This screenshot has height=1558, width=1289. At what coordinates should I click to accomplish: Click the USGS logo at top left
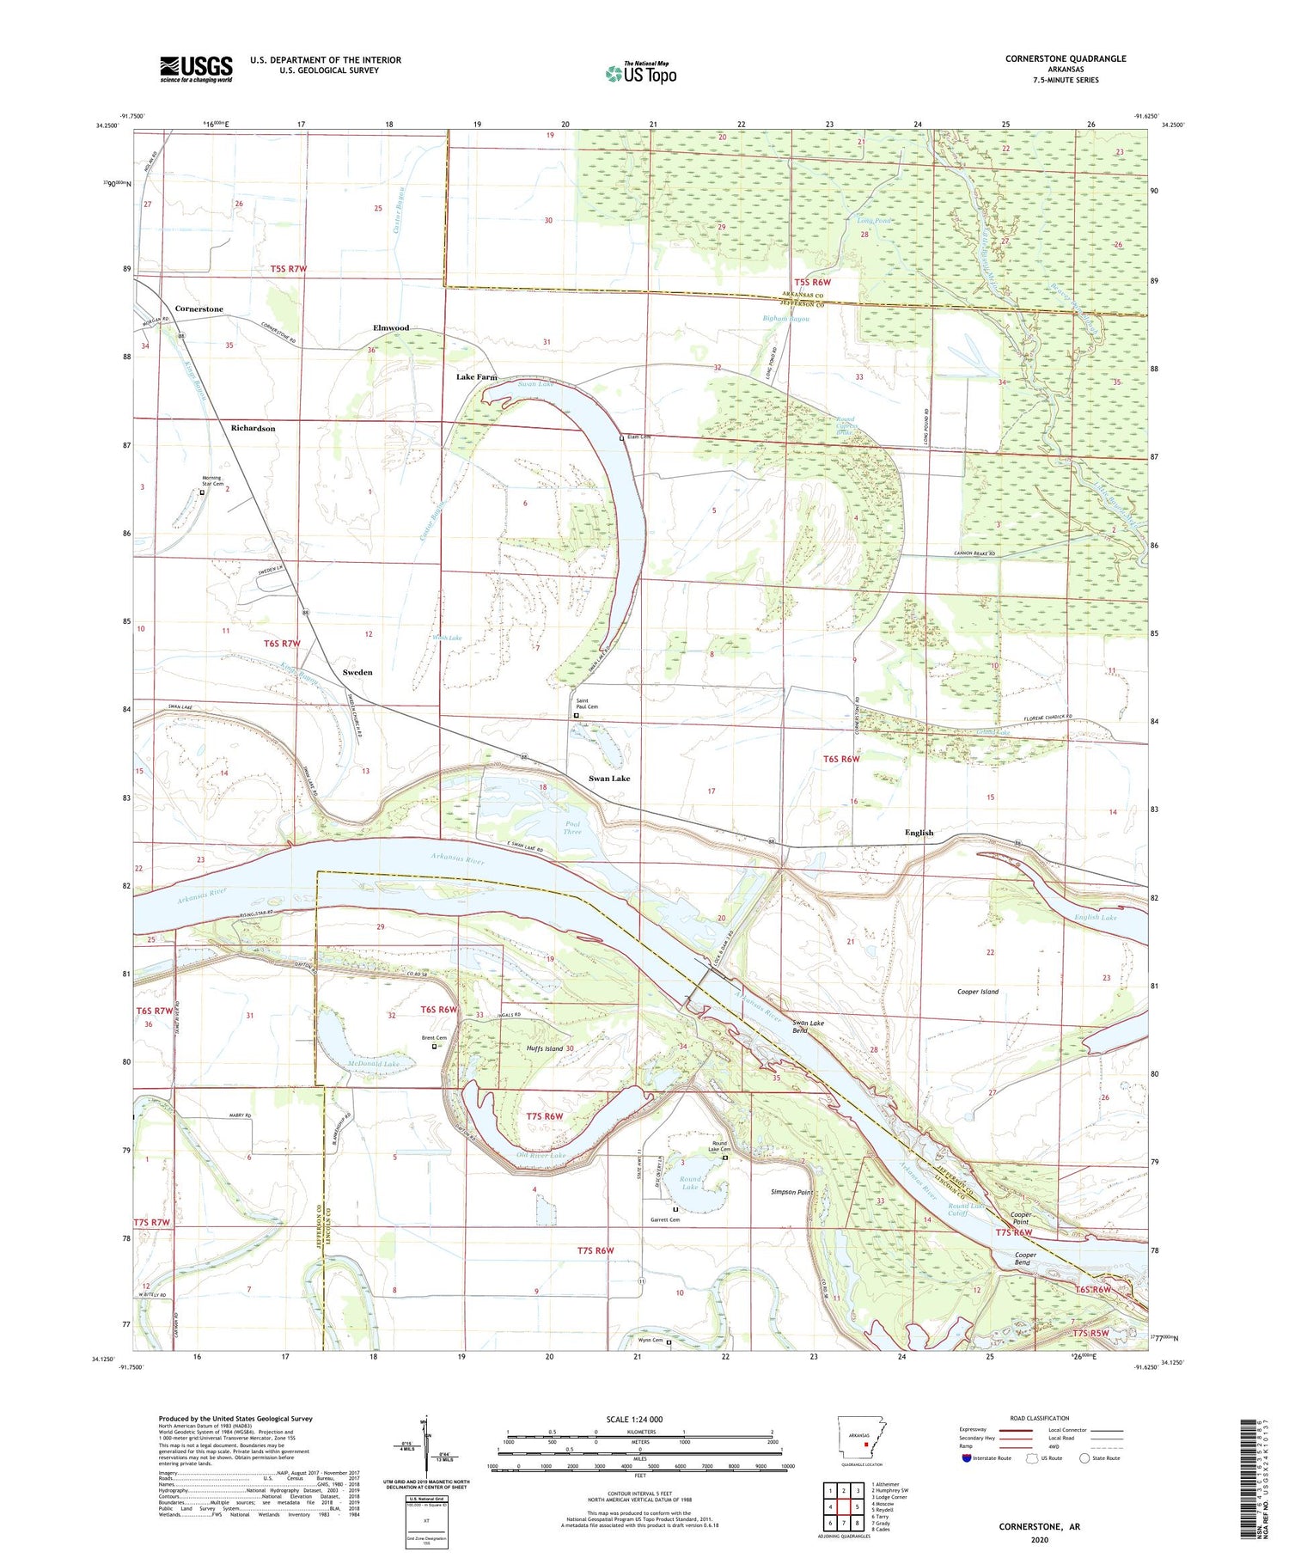[x=195, y=69]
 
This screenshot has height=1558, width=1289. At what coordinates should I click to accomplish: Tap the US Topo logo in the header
[x=641, y=73]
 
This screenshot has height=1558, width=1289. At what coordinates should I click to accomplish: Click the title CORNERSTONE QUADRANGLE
[x=1065, y=58]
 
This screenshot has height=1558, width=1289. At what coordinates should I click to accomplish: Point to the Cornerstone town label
[x=199, y=309]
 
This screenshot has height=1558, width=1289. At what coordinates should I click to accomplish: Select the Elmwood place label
[x=391, y=328]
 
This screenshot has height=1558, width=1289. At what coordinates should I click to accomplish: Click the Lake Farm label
[x=476, y=377]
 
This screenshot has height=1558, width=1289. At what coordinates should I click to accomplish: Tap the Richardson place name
[x=253, y=428]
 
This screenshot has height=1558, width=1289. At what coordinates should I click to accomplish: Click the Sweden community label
[x=357, y=672]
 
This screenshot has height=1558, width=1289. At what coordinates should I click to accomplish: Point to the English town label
[x=919, y=833]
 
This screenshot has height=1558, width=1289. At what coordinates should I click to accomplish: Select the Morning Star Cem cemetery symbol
[x=202, y=493]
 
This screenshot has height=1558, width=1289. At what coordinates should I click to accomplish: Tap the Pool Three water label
[x=572, y=828]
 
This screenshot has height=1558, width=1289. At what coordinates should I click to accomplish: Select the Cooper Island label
[x=977, y=992]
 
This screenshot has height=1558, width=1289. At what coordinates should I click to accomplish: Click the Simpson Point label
[x=791, y=1193]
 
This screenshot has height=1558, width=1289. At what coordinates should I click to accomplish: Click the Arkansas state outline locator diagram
[x=858, y=1445]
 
